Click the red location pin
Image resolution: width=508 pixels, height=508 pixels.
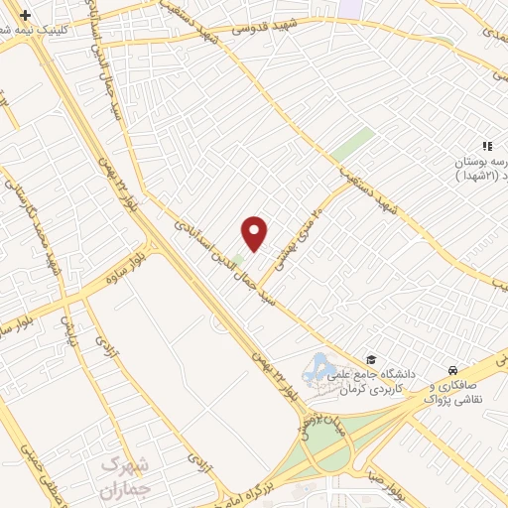(x=255, y=232)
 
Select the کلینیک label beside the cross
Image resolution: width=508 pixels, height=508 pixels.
(x=65, y=29)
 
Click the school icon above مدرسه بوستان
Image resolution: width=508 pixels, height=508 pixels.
(x=487, y=146)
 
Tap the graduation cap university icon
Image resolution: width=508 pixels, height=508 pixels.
(x=371, y=360)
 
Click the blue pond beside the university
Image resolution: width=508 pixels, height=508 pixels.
(x=319, y=370)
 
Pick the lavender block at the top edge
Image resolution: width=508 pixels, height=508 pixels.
(x=352, y=6)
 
